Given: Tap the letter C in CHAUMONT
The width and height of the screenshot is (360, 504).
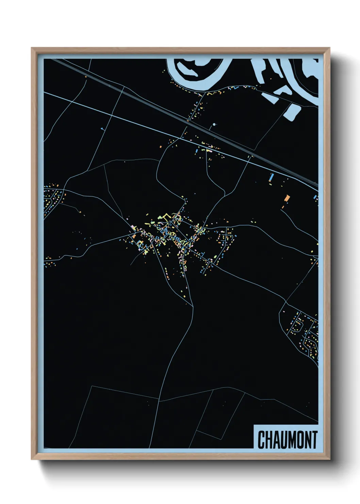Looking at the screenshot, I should [x=261, y=440].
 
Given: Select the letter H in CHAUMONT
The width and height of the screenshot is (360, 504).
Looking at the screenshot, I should [x=269, y=440].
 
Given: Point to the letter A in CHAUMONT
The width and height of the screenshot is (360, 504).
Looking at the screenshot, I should [x=277, y=440].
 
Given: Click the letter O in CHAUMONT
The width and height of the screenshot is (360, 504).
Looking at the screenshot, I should [x=301, y=440].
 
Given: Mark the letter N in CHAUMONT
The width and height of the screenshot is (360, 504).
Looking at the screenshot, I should [x=309, y=440].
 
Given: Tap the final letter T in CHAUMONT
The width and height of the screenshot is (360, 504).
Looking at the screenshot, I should [x=315, y=440].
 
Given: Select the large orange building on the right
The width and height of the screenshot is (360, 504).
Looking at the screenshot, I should [x=287, y=198].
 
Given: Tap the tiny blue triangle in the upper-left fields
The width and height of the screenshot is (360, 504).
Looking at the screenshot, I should [x=102, y=128].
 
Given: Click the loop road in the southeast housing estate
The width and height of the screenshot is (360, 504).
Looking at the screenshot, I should [x=297, y=326].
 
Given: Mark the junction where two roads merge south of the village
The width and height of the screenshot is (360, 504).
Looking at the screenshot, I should [x=193, y=306].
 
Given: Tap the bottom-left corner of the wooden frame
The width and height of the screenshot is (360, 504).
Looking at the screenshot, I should [x=32, y=459].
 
